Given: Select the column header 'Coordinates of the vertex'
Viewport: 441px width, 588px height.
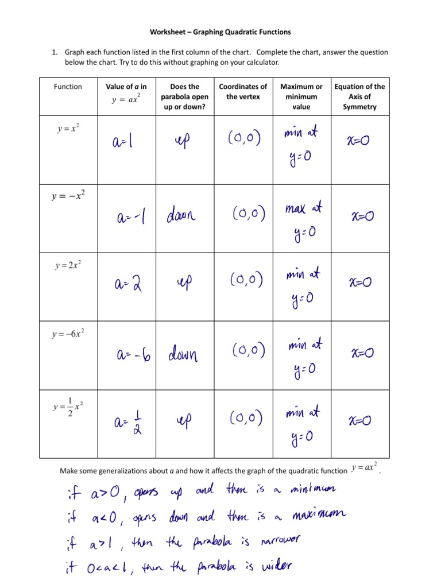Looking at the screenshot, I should pos(243,92).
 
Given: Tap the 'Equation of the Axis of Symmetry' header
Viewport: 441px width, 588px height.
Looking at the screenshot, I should pos(359,96).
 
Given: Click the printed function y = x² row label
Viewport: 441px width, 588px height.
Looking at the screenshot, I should pos(68,129).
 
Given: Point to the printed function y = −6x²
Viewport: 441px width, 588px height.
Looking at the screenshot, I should pos(70,334).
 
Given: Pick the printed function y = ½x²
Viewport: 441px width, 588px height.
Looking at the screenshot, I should pos(67,407).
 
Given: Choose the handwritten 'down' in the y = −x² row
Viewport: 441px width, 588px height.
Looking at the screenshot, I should pos(181,216).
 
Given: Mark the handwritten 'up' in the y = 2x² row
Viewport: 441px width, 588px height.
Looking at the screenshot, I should pos(185,282).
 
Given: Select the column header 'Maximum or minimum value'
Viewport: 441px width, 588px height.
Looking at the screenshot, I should pos(301,96).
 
